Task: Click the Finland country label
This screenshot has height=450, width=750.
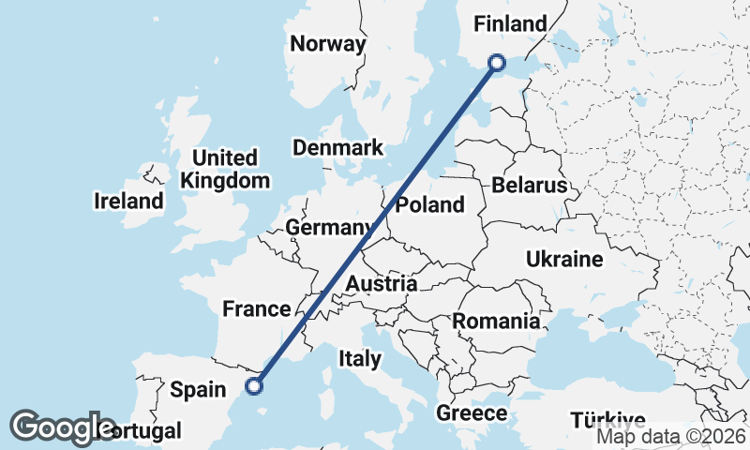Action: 511,24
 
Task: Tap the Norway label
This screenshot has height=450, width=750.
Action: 327,44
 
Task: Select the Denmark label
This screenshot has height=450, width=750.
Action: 337,148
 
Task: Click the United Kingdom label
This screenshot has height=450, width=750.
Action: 226,170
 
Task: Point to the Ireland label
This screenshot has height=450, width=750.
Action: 128,201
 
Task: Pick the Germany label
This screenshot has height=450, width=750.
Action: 327,228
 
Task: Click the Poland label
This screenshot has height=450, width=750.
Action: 429,205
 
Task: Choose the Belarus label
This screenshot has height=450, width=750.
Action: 530,185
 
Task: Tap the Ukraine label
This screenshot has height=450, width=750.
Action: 563,259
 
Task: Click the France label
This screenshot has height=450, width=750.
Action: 256,309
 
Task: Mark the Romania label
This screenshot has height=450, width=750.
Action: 496,322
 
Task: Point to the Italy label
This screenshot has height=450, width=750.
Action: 360,358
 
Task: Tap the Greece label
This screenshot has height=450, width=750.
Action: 472,413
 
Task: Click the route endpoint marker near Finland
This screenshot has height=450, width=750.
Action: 497,63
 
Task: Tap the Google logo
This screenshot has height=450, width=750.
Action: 62,427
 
